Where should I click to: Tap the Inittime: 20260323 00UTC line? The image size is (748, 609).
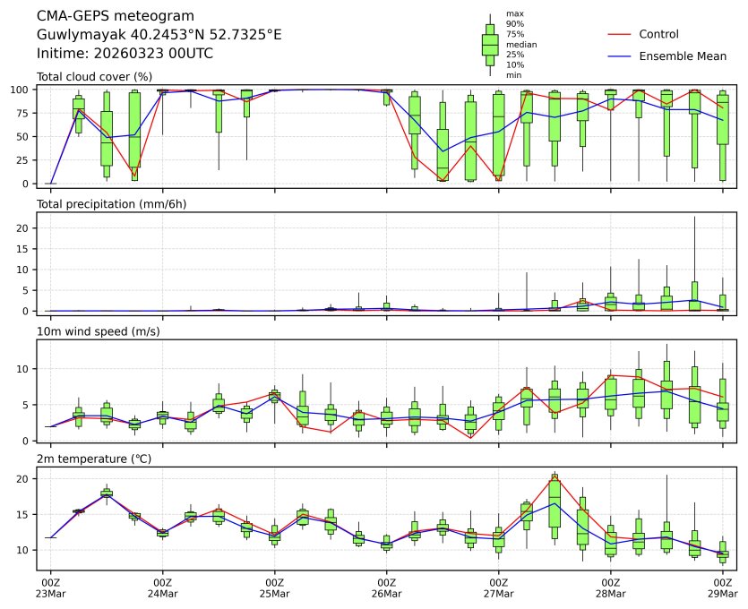coord(125,53)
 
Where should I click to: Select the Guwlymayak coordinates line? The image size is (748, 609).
coord(159,35)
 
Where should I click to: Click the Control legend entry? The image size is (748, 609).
coord(658,35)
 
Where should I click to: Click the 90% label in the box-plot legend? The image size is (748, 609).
coord(514,24)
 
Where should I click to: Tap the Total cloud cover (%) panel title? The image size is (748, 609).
coord(94,77)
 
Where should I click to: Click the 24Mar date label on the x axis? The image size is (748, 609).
coord(163,594)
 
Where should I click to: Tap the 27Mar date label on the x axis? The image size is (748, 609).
coord(499,594)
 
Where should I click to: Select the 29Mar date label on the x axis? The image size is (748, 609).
coord(723,594)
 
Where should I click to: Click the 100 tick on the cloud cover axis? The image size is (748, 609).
coord(23,90)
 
